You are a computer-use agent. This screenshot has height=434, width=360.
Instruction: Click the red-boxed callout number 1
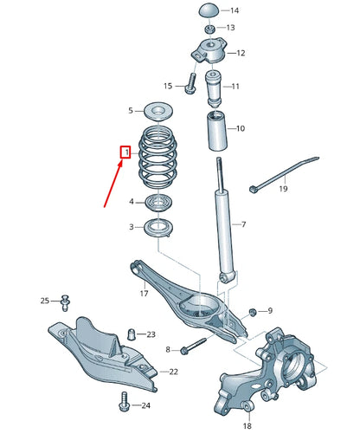(x=125, y=153)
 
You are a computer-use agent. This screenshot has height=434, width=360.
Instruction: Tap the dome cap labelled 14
(x=209, y=10)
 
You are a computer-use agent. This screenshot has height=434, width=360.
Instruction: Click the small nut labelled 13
(x=209, y=28)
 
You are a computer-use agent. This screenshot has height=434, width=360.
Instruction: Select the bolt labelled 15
(x=190, y=85)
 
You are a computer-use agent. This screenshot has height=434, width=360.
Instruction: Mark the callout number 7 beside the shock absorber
(x=243, y=225)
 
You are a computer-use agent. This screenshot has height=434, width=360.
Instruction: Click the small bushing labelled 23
(x=132, y=334)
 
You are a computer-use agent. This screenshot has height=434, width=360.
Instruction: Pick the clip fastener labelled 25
(x=65, y=301)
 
